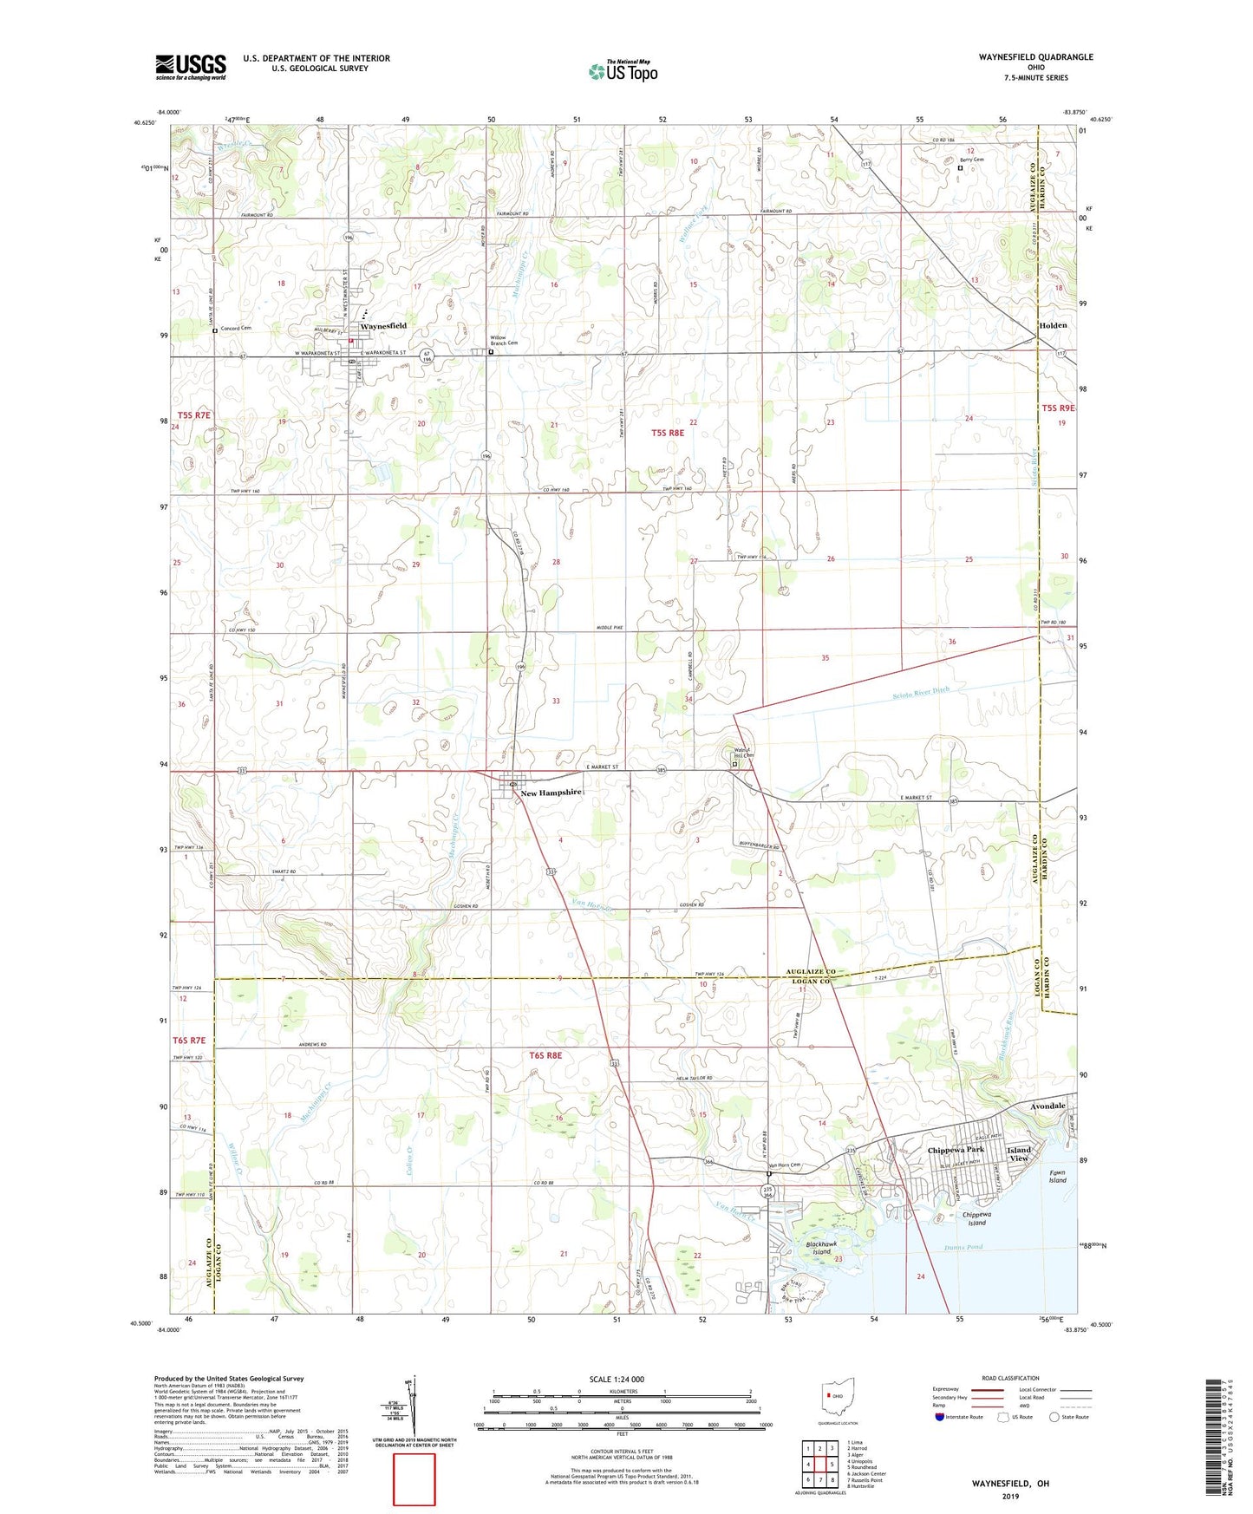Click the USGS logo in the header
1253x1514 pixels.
click(191, 66)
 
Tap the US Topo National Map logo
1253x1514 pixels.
click(623, 70)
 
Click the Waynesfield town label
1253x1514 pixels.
click(383, 325)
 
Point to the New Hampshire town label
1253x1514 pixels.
click(550, 793)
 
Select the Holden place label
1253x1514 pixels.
click(1053, 325)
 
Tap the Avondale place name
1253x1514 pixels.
click(1047, 1106)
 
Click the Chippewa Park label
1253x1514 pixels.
click(956, 1150)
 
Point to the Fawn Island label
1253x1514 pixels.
click(1057, 1177)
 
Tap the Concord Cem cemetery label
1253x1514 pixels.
click(235, 329)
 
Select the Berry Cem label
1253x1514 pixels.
click(971, 160)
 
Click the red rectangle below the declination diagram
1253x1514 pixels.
click(414, 1479)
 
